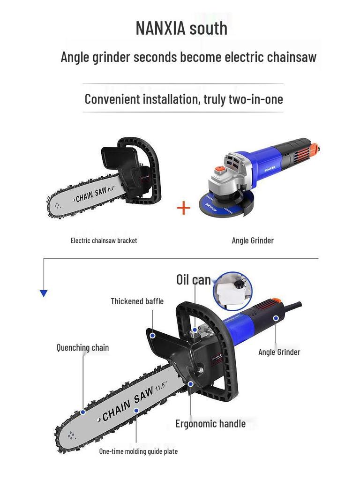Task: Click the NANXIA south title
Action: (x=181, y=28)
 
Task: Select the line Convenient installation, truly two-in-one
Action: (x=183, y=99)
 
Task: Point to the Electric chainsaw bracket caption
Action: (x=104, y=240)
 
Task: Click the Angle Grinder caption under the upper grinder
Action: (x=253, y=240)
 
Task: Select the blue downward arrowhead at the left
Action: (x=44, y=293)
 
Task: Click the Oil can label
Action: (x=193, y=280)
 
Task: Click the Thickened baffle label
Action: (x=137, y=301)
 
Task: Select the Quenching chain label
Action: (x=82, y=348)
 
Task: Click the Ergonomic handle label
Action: (x=210, y=424)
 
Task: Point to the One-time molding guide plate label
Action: (x=138, y=451)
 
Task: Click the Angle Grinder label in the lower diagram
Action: (x=279, y=352)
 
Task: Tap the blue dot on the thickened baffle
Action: (x=153, y=336)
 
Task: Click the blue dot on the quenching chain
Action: (x=83, y=412)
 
